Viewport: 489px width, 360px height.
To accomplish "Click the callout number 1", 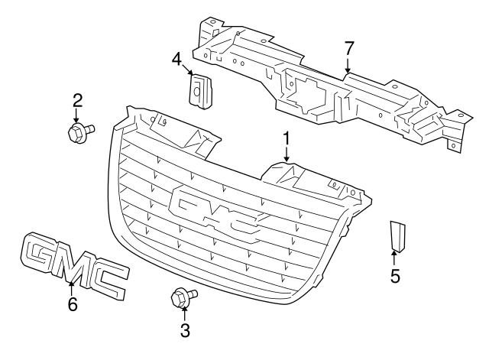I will [287, 138].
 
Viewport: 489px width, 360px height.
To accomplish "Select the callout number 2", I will [76, 99].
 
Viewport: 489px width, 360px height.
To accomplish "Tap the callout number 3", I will [183, 330].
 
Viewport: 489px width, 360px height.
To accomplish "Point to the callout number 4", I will [176, 58].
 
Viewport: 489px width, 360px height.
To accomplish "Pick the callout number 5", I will [395, 276].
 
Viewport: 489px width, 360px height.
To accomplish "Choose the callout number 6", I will [73, 303].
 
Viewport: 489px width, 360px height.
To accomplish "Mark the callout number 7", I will [349, 48].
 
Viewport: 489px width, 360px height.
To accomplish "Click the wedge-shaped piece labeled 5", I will [397, 235].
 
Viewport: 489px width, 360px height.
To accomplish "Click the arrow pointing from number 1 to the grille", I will [287, 155].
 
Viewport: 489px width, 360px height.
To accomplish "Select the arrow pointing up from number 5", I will [395, 258].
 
